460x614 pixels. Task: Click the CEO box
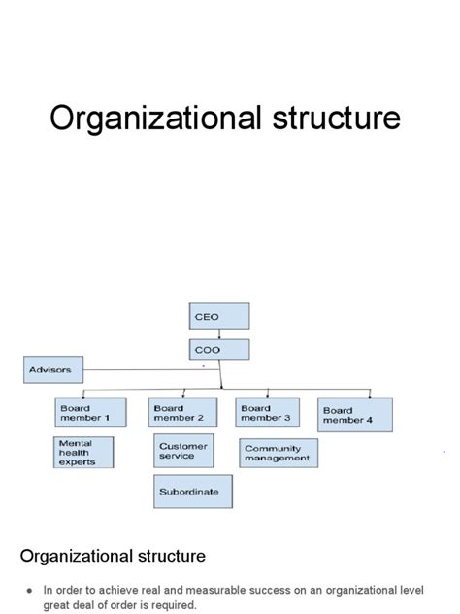(x=219, y=316)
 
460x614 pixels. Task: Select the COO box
(x=219, y=350)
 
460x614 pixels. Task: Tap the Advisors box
(x=53, y=369)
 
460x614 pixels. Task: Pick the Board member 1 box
(x=91, y=412)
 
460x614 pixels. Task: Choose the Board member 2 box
(x=182, y=412)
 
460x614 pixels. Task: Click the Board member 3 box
(x=268, y=412)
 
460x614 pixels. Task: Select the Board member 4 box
(x=355, y=415)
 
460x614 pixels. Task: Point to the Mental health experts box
(x=83, y=453)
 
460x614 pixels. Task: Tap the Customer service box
(x=183, y=451)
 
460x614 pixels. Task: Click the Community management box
(x=279, y=453)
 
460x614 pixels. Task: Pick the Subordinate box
(x=193, y=492)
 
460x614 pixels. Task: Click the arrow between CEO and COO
(x=219, y=334)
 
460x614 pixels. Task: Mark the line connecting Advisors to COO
(x=151, y=369)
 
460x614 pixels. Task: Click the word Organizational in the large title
(x=155, y=119)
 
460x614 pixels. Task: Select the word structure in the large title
(x=337, y=118)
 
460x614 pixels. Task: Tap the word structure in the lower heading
(x=172, y=556)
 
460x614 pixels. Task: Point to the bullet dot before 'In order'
(x=30, y=591)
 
